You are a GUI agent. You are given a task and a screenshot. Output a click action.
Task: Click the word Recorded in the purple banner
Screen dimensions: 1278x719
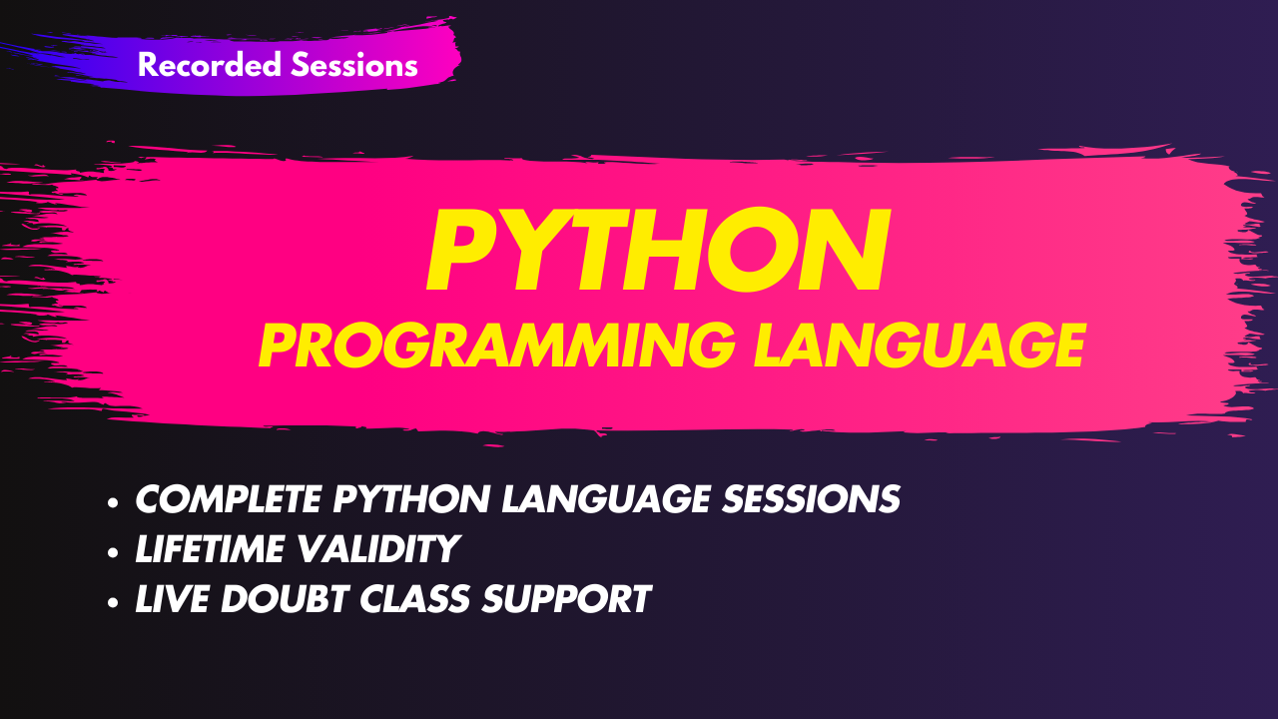click(210, 65)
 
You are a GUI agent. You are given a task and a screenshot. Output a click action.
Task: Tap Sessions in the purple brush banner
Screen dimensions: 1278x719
click(354, 65)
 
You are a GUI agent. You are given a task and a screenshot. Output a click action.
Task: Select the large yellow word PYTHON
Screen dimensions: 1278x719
click(658, 250)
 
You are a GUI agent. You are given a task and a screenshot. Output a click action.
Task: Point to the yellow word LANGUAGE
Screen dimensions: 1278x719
click(920, 345)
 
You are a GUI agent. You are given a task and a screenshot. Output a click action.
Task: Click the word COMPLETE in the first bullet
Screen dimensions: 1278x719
click(229, 499)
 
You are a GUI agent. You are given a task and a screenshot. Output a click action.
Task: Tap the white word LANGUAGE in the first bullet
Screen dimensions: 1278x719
click(606, 499)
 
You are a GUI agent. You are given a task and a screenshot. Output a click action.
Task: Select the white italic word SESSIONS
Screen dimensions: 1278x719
click(811, 499)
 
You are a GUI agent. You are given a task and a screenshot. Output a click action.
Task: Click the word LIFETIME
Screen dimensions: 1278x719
click(210, 549)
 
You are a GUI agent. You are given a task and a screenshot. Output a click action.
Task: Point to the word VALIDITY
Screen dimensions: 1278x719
click(378, 549)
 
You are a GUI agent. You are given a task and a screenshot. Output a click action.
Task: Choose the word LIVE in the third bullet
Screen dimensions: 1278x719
click(172, 598)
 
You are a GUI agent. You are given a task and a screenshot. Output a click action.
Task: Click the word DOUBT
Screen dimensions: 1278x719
click(285, 598)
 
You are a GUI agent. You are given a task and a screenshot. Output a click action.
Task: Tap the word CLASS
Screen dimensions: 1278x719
click(414, 598)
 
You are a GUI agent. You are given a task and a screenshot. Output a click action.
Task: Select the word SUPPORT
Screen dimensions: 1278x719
click(566, 598)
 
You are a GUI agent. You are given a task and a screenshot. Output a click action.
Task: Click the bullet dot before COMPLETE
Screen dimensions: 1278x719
click(113, 502)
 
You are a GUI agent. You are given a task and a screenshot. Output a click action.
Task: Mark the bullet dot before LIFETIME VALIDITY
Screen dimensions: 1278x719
click(113, 552)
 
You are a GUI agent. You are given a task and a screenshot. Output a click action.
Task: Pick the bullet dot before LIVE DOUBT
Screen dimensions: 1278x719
click(113, 602)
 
